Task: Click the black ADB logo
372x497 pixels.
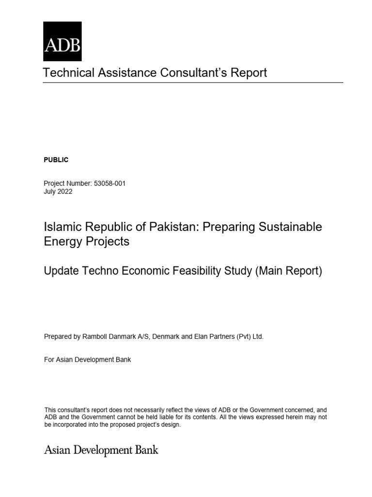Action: pos(62,41)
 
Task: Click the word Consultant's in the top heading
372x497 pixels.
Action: pos(200,73)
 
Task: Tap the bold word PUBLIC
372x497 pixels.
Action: pos(56,160)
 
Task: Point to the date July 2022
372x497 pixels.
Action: pos(58,191)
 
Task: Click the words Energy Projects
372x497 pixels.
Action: pos(87,241)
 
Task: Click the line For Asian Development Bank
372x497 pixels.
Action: pos(88,360)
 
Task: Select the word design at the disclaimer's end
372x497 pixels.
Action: pos(170,424)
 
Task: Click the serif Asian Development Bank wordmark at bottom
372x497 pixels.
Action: pos(101,450)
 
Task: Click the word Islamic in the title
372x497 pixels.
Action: pos(62,227)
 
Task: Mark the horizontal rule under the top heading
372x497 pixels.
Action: pos(193,83)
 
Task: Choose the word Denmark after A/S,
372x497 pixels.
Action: pos(167,336)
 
